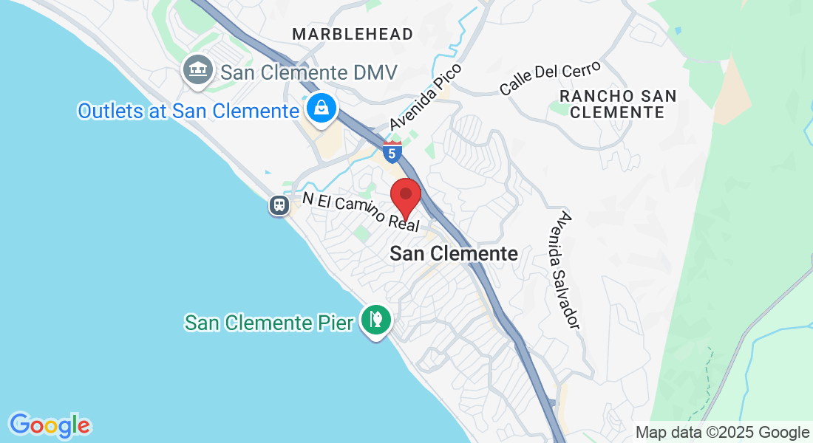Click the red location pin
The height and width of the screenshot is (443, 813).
pos(405,196)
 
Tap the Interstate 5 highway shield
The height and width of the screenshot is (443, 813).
pos(392,154)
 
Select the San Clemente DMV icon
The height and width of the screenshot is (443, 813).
pos(197,71)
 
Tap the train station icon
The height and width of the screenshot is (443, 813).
pos(279,205)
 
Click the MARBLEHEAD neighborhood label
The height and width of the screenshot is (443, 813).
pos(352,34)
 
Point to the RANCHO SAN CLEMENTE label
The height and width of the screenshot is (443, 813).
pos(618,104)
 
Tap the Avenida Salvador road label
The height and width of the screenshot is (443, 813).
pos(568,270)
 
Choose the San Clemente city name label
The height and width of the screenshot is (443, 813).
pos(454,253)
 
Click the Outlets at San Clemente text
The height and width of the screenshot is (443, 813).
pos(188,111)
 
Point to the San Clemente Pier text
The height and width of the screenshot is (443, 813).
pos(269,323)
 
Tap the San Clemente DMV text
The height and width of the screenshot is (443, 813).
pos(310,72)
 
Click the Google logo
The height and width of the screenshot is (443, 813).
pos(50,425)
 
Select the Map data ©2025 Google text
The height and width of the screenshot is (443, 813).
pos(723,432)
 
